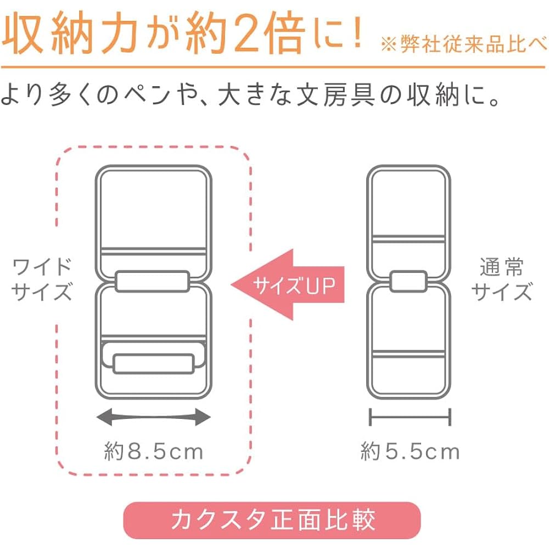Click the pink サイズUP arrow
tap(288, 284)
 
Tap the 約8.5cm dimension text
tap(154, 451)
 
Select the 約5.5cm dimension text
tap(410, 451)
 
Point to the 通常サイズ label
tap(501, 279)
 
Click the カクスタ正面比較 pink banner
tap(272, 520)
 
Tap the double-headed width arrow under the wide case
tap(154, 417)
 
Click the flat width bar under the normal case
tap(410, 417)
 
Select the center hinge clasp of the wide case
tap(152, 281)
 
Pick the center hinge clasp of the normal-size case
tap(408, 281)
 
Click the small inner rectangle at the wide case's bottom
tap(153, 364)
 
